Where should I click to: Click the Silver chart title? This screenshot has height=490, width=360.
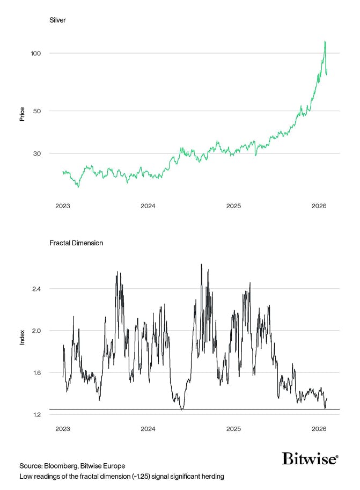[x=57, y=20]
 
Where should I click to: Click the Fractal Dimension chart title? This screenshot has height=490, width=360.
[x=76, y=243]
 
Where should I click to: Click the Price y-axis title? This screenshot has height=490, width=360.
[x=22, y=114]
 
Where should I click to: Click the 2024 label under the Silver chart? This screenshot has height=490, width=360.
[x=148, y=206]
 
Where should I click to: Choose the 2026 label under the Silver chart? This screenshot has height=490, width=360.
[x=319, y=206]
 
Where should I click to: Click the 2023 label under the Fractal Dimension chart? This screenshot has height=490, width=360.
[x=63, y=429]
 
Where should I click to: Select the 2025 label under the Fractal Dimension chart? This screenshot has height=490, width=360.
[x=233, y=429]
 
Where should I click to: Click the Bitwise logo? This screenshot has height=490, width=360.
[x=310, y=459]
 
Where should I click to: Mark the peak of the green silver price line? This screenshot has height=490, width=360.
[x=325, y=41]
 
